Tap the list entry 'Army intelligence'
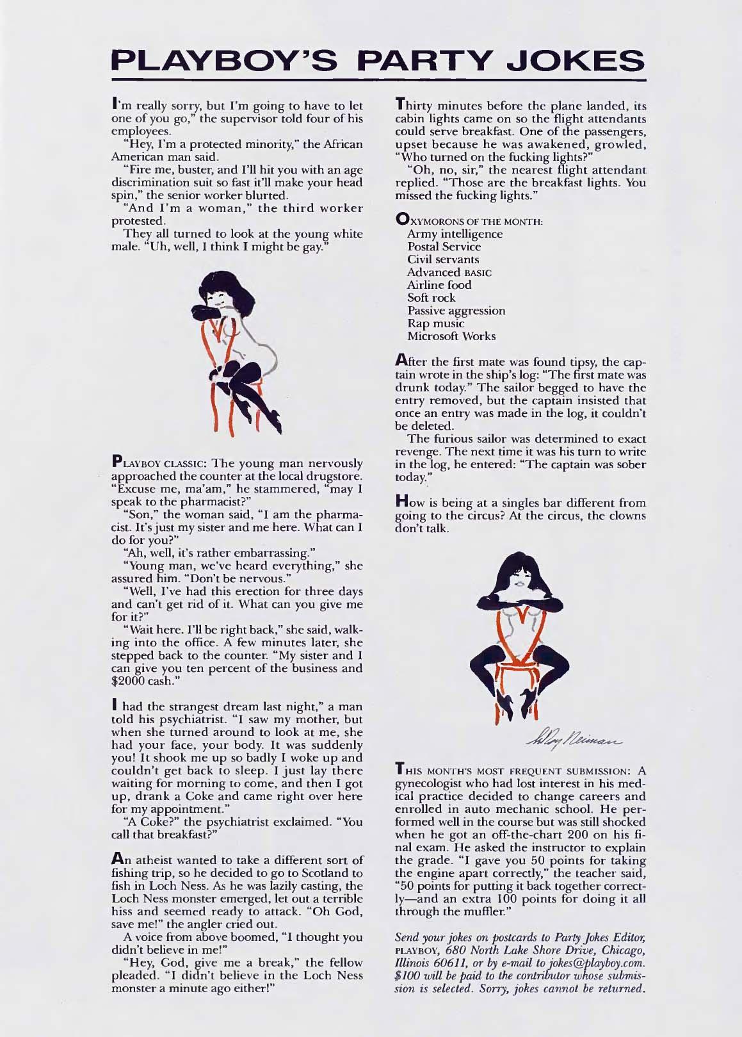click(x=455, y=234)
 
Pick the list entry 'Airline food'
click(x=439, y=285)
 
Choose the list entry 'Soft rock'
click(x=431, y=298)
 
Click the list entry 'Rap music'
click(x=435, y=323)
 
